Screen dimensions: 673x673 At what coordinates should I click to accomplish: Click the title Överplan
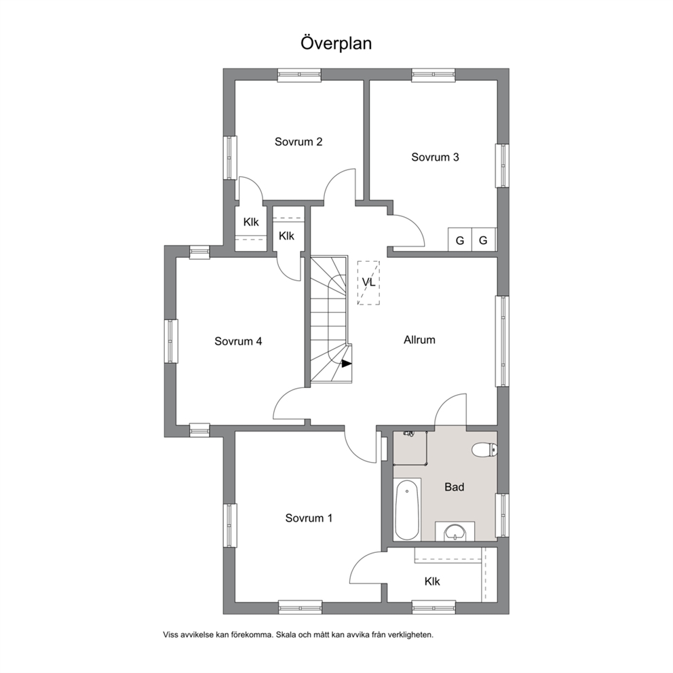click(336, 43)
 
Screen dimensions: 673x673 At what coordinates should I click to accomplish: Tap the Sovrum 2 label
click(299, 142)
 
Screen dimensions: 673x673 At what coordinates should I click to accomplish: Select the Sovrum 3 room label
click(435, 157)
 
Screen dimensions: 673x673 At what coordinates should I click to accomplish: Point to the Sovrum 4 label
click(238, 341)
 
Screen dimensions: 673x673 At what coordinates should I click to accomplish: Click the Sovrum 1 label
click(309, 518)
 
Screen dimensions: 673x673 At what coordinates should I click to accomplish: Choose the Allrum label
click(419, 340)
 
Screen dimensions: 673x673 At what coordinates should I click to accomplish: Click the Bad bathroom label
click(454, 487)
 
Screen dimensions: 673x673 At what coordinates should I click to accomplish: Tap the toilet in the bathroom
click(484, 450)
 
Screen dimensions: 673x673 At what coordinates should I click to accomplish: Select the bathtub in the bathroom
click(407, 510)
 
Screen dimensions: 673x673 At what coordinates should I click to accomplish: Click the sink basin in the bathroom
click(455, 532)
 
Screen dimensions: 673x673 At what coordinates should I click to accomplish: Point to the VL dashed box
click(368, 282)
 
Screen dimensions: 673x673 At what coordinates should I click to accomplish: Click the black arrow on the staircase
click(347, 364)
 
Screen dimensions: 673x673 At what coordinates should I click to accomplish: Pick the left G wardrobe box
click(460, 239)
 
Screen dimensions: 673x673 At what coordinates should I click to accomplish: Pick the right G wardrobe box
click(484, 239)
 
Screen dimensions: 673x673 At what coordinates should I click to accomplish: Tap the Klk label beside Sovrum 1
click(432, 581)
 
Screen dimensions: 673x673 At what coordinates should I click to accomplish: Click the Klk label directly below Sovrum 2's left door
click(251, 222)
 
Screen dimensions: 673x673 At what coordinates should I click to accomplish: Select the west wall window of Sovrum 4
click(171, 341)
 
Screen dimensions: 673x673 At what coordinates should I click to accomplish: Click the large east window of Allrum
click(502, 341)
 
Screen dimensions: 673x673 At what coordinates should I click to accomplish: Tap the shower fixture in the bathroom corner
click(410, 434)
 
